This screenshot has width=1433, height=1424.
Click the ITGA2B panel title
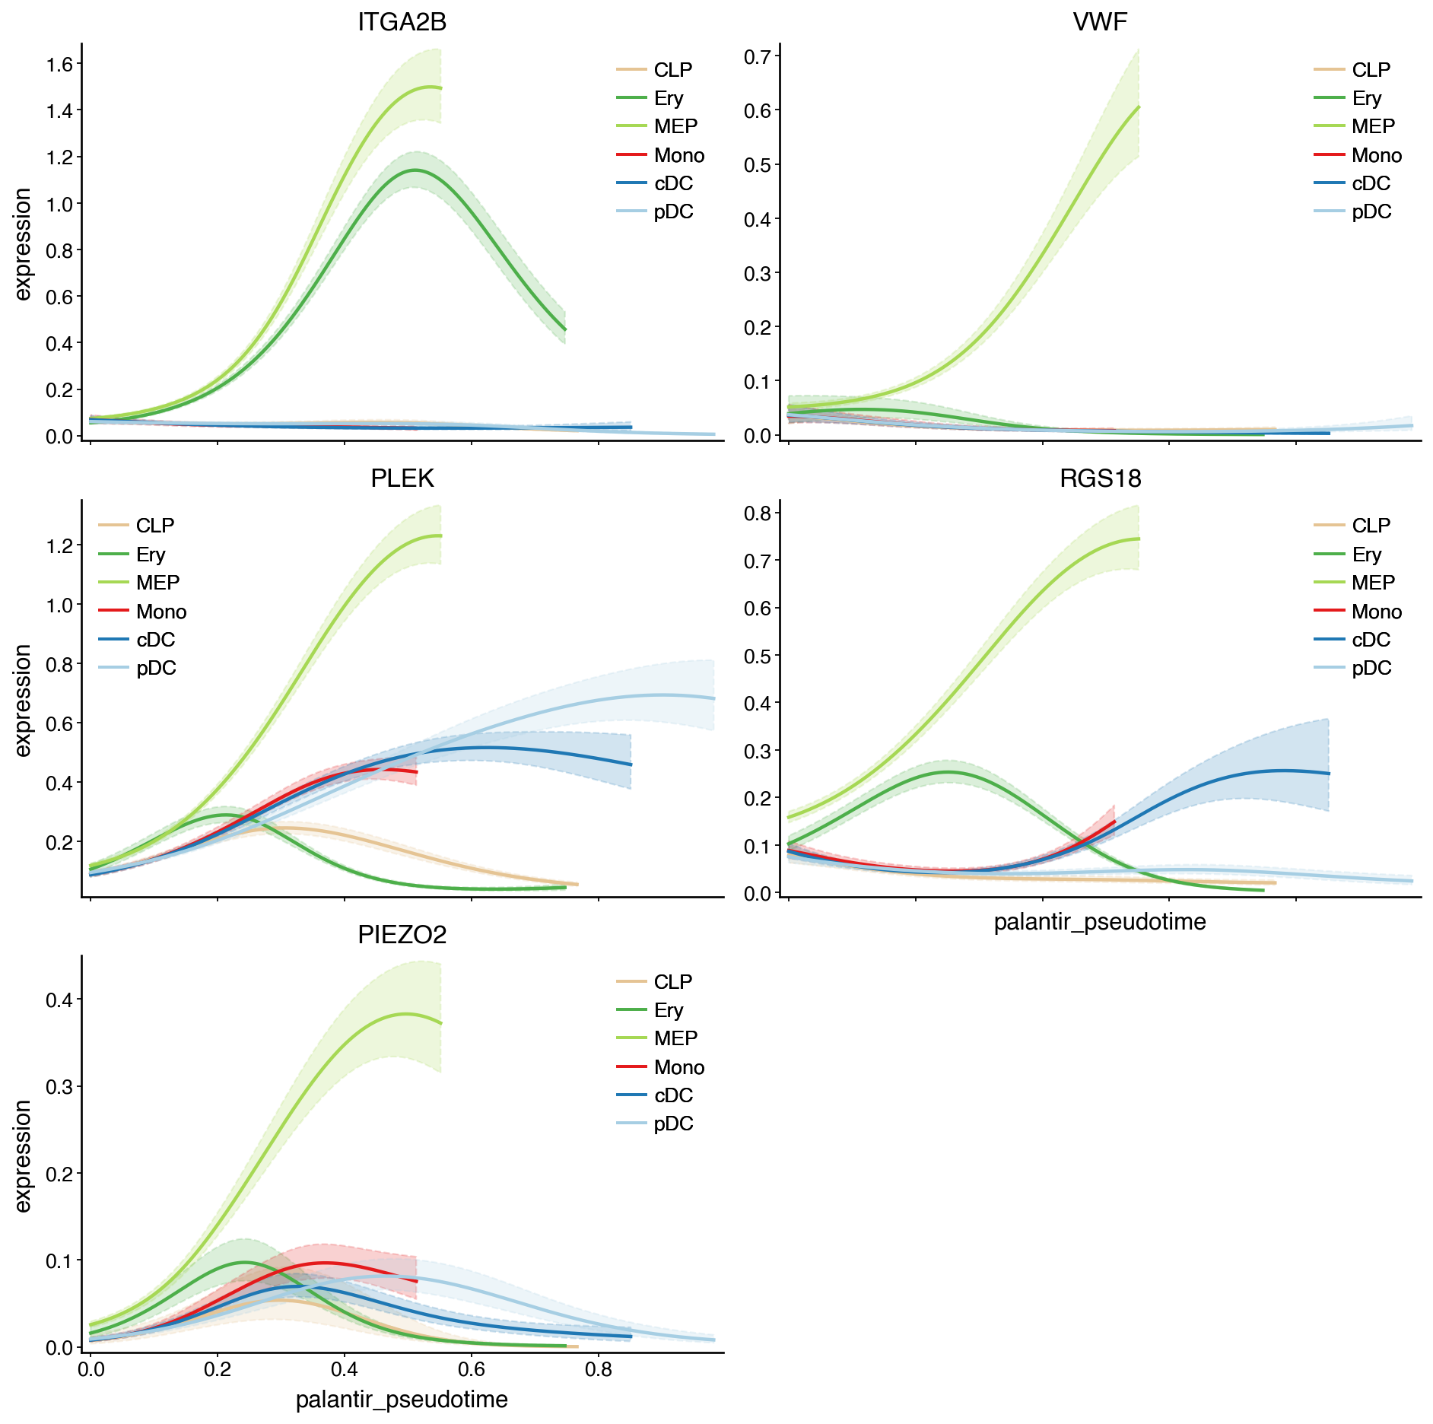click(x=402, y=22)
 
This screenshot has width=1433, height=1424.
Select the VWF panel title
click(x=1100, y=22)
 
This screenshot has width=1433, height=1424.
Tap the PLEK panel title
click(x=402, y=478)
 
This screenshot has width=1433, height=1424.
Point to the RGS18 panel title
click(x=1100, y=478)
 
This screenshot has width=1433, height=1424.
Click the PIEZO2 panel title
click(x=402, y=934)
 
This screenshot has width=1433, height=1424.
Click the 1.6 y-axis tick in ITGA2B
click(x=59, y=64)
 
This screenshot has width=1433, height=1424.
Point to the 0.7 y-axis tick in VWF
click(x=758, y=56)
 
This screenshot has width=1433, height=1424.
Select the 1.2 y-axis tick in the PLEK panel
click(x=59, y=545)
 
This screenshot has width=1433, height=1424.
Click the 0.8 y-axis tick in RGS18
click(x=758, y=513)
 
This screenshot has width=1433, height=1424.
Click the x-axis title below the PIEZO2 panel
click(x=402, y=1400)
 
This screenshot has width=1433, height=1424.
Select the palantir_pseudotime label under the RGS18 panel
click(x=1100, y=922)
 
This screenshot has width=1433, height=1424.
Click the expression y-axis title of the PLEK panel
click(x=23, y=700)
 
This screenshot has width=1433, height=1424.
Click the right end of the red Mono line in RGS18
click(x=1114, y=822)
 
